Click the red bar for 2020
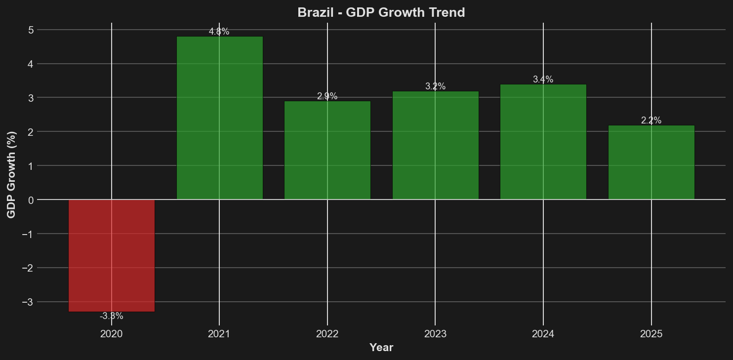click(112, 255)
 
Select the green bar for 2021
click(219, 118)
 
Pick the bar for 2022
click(327, 150)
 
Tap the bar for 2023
click(435, 145)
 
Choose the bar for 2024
click(543, 142)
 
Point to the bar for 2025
click(651, 162)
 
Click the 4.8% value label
click(219, 32)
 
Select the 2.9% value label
click(327, 96)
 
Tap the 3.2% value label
click(435, 86)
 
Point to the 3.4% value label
click(543, 80)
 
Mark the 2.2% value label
click(651, 120)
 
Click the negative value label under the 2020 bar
click(112, 316)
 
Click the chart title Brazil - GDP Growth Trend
click(381, 12)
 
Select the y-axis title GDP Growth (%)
click(11, 174)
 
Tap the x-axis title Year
click(381, 348)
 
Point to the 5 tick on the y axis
click(31, 30)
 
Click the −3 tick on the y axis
click(29, 302)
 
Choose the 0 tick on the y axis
click(31, 200)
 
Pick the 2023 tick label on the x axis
click(435, 334)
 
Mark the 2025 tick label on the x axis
click(651, 334)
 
